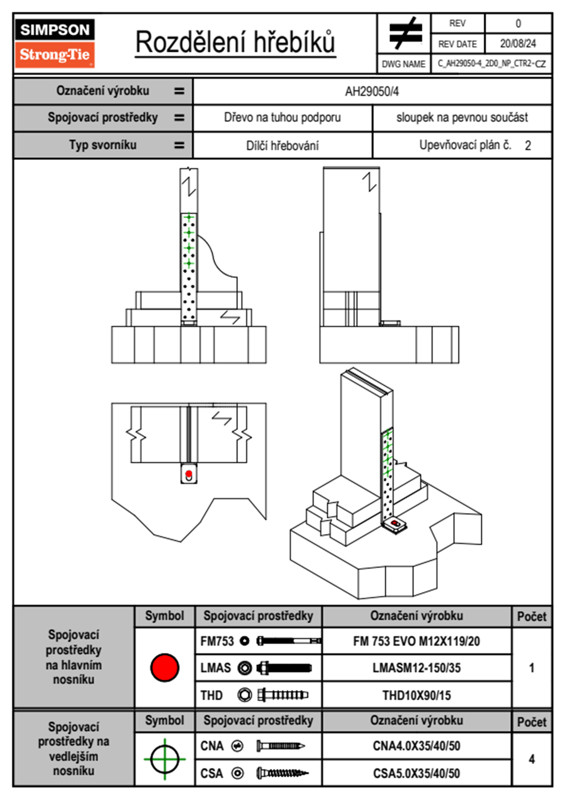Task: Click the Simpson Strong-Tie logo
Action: pos(55,43)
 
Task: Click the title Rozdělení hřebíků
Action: pos(235,42)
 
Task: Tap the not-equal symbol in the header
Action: pos(405,33)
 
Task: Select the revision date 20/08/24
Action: pos(517,44)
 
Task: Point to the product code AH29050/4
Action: pos(372,91)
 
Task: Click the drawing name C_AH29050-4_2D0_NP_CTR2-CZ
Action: pos(491,63)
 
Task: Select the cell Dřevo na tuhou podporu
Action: pos(282,117)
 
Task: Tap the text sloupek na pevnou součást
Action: pos(462,117)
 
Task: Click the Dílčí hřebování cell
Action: pos(282,146)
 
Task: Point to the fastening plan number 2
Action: pos(527,146)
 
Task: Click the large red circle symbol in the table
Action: pos(165,667)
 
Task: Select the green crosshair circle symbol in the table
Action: pos(165,759)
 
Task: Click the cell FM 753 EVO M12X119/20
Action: pos(416,641)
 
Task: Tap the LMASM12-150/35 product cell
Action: pos(416,668)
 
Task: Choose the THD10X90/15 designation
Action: pos(416,695)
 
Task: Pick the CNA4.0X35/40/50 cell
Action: pos(416,746)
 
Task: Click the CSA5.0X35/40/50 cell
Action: pos(416,773)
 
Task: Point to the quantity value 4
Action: pos(531,759)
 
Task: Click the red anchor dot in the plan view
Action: pos(189,474)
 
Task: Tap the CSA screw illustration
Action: pos(282,773)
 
